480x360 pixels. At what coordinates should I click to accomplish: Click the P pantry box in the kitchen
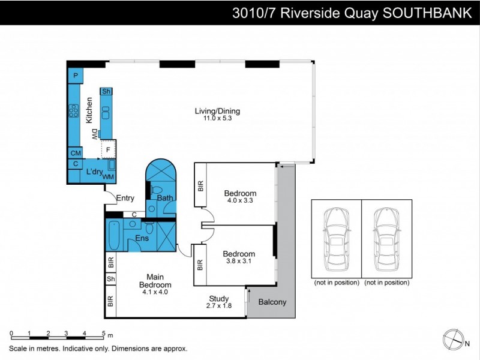tap(76, 76)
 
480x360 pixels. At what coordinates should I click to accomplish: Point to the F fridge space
tap(109, 149)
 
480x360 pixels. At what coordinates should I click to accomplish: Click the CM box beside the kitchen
tap(76, 153)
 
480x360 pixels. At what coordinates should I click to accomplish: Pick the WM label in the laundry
tap(108, 177)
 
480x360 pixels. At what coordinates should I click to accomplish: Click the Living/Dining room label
tap(217, 111)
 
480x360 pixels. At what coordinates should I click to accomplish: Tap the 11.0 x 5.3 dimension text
tap(217, 119)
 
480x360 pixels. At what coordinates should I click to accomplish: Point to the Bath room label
tap(165, 197)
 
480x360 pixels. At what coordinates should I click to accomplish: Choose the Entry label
tap(125, 199)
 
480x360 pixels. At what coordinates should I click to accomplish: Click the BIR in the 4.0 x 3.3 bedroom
tap(200, 187)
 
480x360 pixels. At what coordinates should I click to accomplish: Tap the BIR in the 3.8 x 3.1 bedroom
tap(200, 264)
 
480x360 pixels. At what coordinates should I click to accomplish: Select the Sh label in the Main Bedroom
tap(110, 279)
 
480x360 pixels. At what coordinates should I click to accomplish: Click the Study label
tap(218, 299)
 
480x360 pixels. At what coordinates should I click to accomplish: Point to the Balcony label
tap(272, 302)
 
